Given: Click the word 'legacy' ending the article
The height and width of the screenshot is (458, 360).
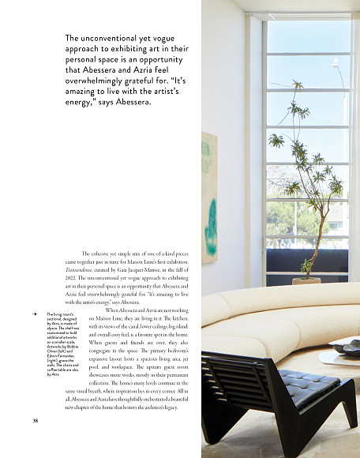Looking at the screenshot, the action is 178,407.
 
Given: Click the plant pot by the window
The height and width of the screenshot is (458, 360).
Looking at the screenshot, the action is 307,280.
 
